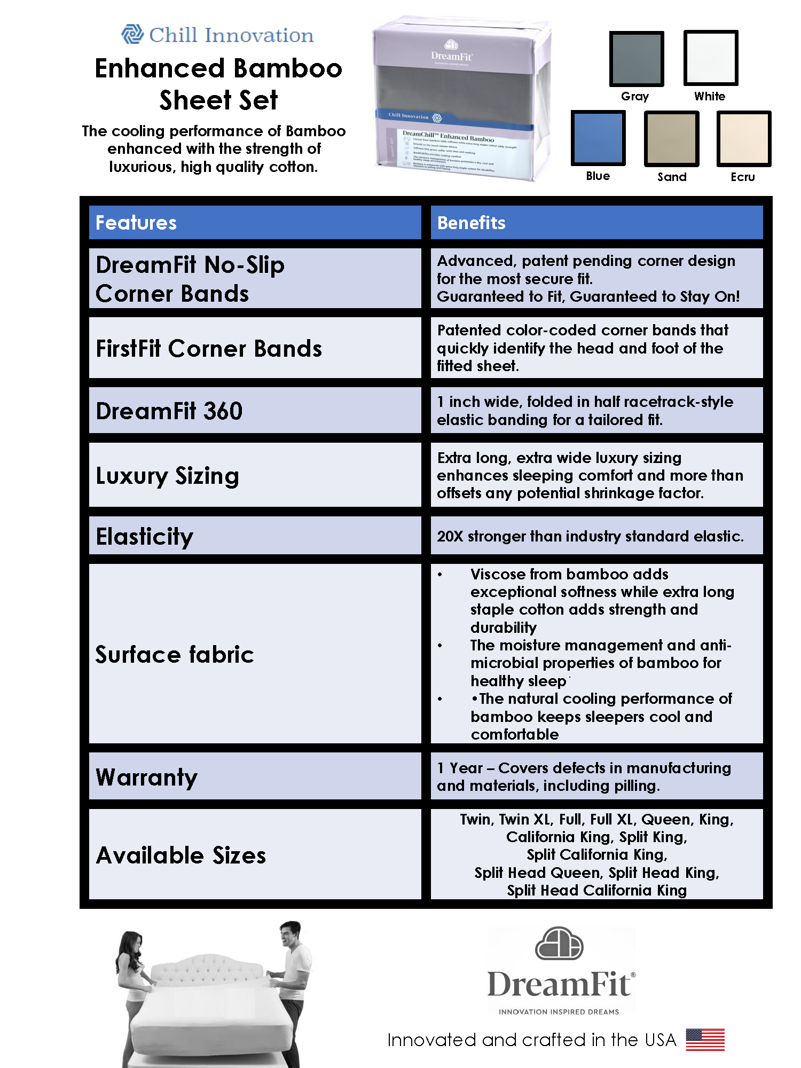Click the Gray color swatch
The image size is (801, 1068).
click(x=637, y=58)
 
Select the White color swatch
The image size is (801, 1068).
click(x=711, y=58)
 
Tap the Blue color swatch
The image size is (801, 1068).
click(x=598, y=138)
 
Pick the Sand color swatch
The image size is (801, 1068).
click(x=671, y=138)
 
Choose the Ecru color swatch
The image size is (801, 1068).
click(x=743, y=138)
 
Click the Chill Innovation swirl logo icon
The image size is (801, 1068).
click(x=132, y=35)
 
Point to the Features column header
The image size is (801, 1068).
click(x=136, y=223)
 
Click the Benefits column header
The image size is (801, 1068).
click(x=471, y=223)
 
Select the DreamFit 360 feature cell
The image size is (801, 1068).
click(x=169, y=411)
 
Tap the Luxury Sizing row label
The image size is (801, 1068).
click(x=167, y=475)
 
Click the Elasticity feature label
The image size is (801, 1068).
click(x=144, y=536)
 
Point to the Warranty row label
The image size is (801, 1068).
click(x=146, y=777)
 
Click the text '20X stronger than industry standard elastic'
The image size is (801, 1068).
click(x=590, y=536)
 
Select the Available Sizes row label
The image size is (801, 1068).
click(x=180, y=855)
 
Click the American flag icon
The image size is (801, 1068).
click(x=705, y=1039)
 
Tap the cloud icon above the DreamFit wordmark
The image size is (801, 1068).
click(x=559, y=943)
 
